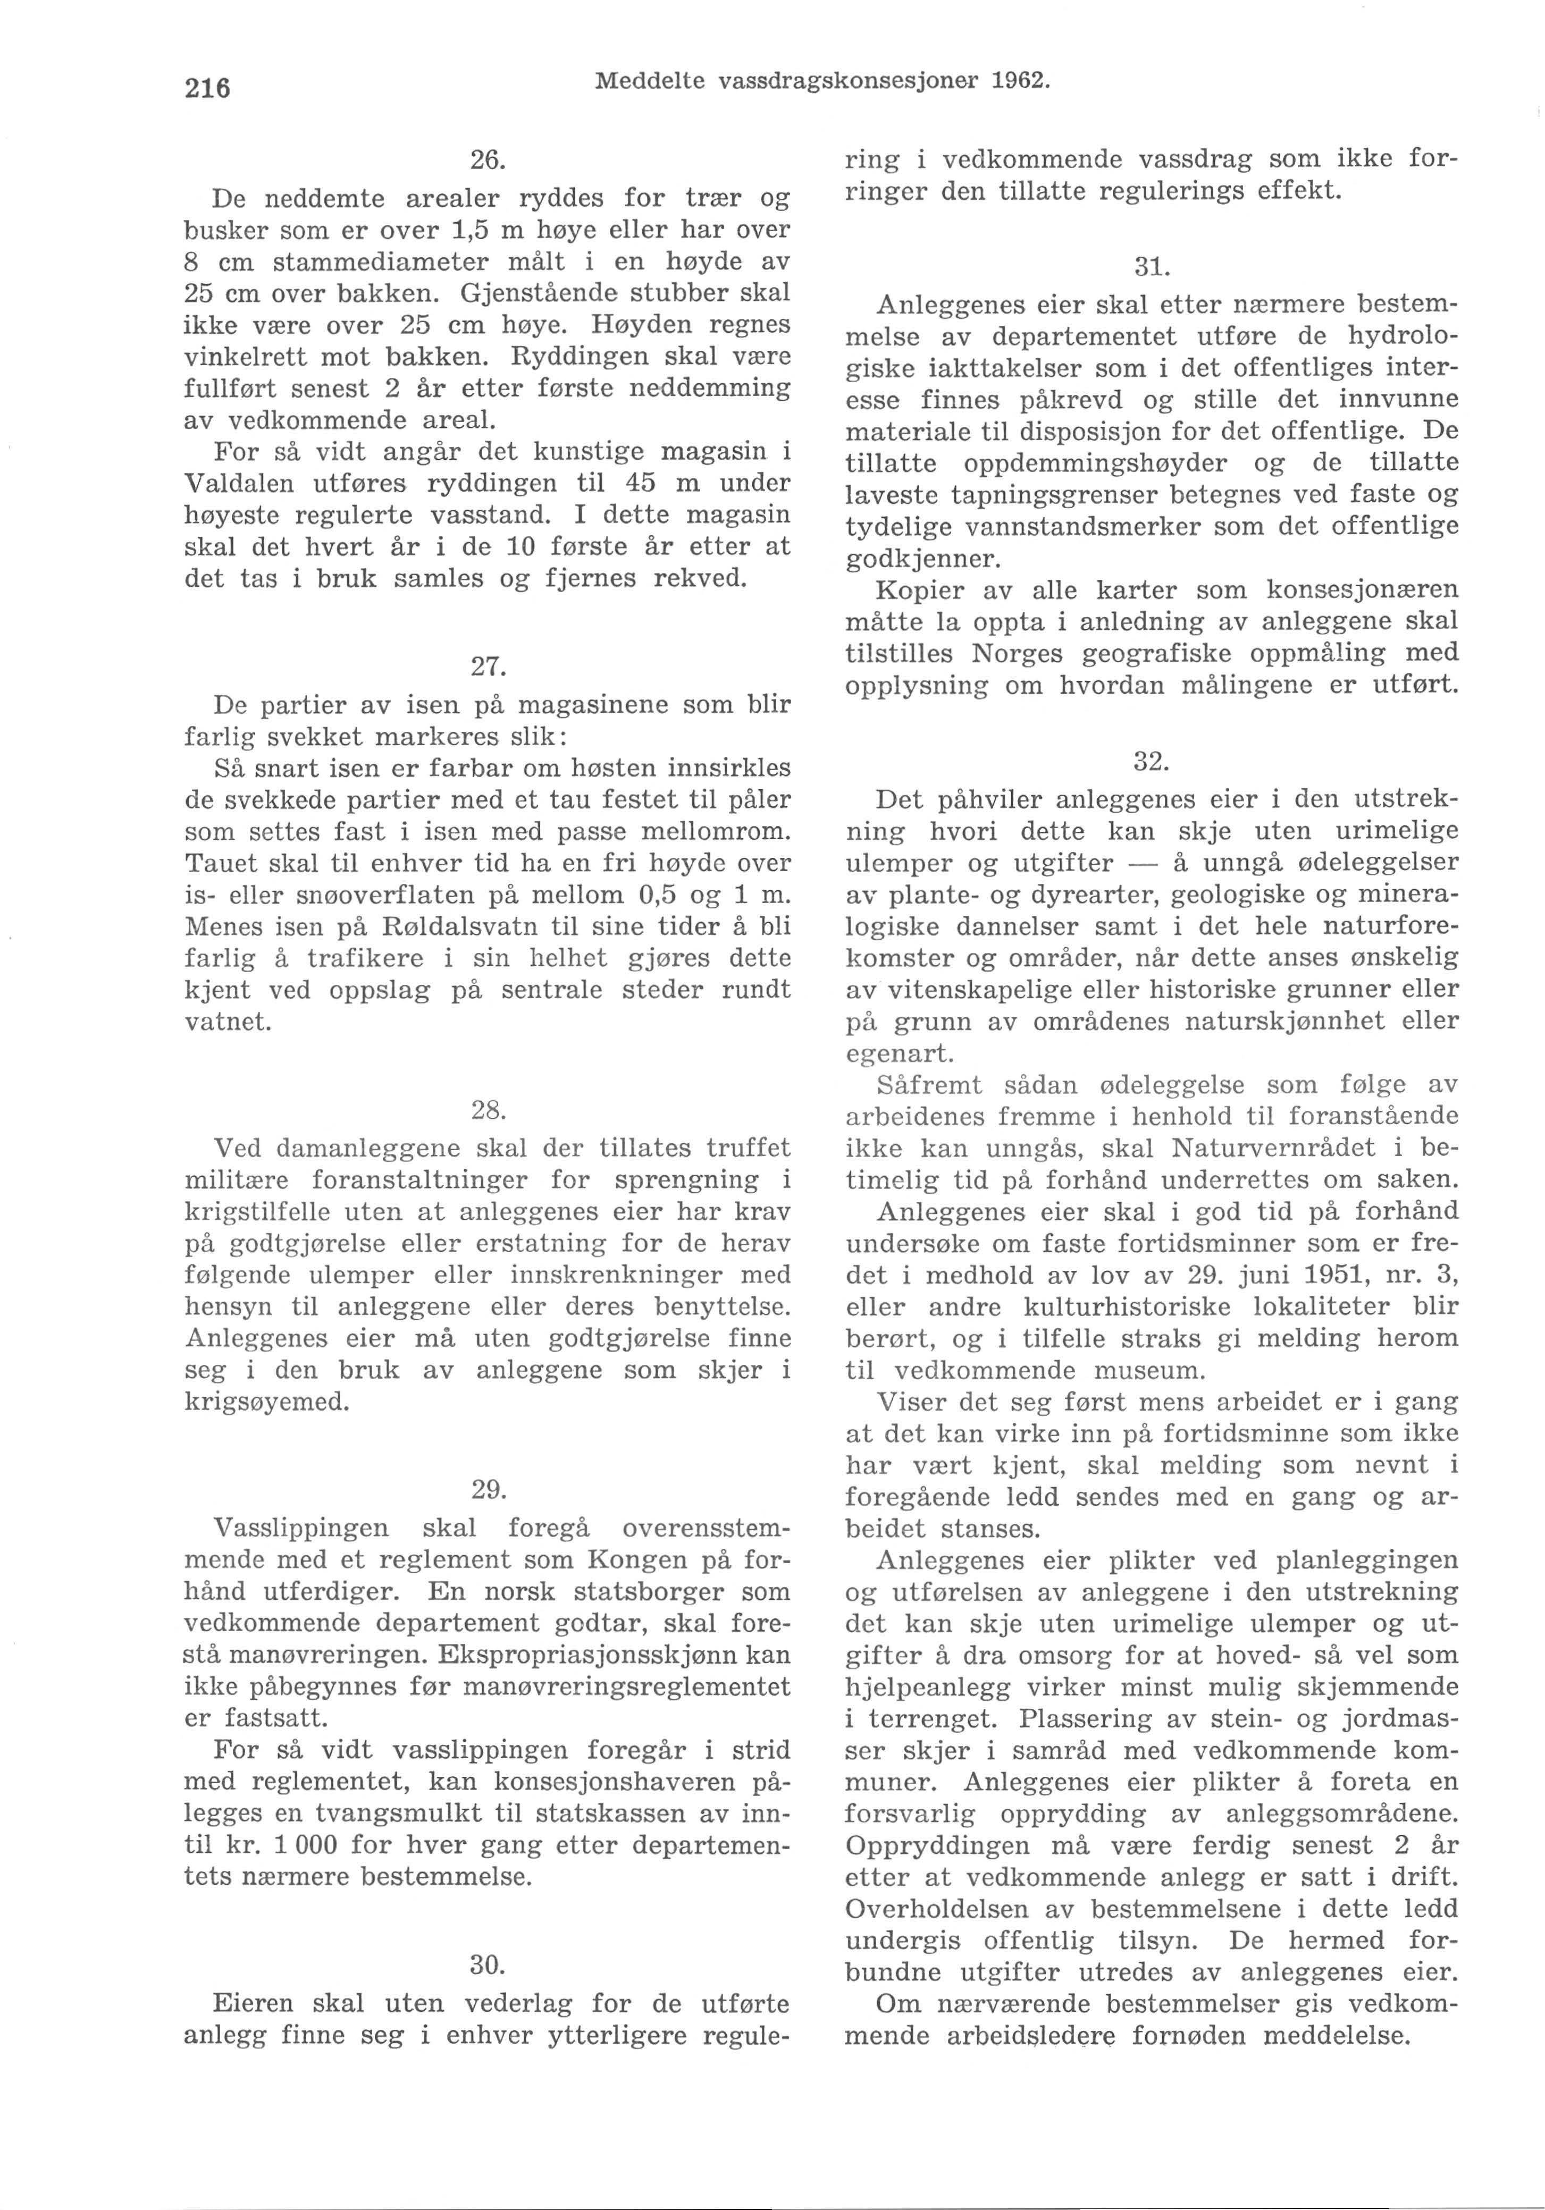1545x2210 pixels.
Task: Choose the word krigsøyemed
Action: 267,1402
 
